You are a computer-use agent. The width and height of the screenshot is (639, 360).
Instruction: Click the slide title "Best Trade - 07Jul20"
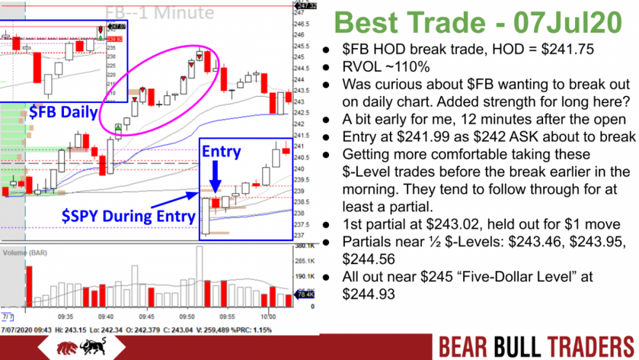pos(478,23)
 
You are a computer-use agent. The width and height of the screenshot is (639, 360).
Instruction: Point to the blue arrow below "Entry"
pos(215,177)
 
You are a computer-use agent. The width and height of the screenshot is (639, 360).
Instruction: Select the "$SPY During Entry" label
pos(128,215)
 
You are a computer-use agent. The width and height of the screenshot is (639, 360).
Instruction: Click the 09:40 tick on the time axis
pos(106,316)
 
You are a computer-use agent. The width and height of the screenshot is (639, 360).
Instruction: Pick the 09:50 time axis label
pos(187,316)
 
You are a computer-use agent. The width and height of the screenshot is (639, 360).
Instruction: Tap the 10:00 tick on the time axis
pos(268,316)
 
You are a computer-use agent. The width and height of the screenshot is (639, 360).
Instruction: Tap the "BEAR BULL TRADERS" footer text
pos(535,347)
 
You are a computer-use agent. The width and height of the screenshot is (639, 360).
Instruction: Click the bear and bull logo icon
pos(73,347)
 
